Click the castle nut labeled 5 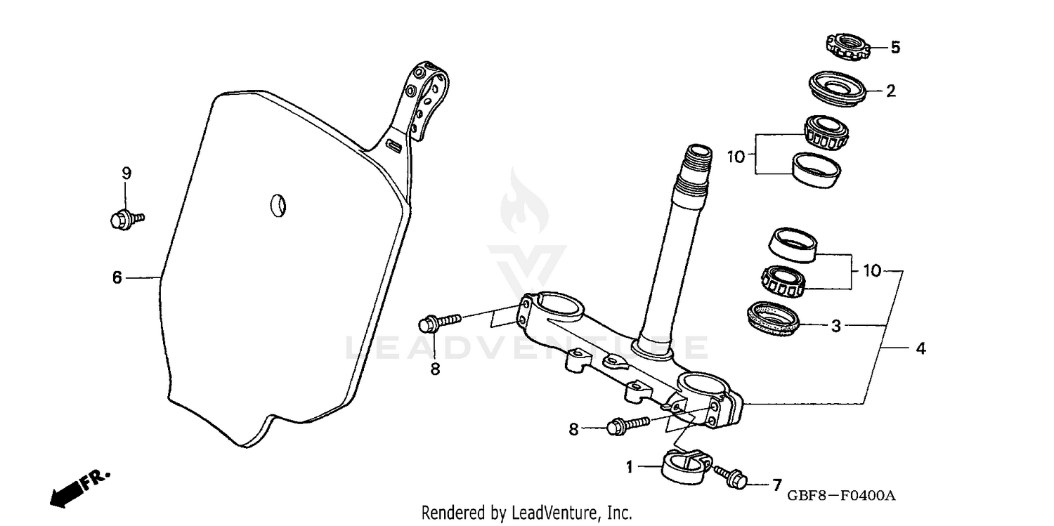[847, 48]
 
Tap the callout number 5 [895, 48]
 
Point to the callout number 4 [920, 348]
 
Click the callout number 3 [836, 326]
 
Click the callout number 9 [126, 173]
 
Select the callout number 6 [117, 278]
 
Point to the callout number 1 [630, 466]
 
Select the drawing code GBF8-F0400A [840, 496]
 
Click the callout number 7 [776, 484]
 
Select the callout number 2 [891, 91]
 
